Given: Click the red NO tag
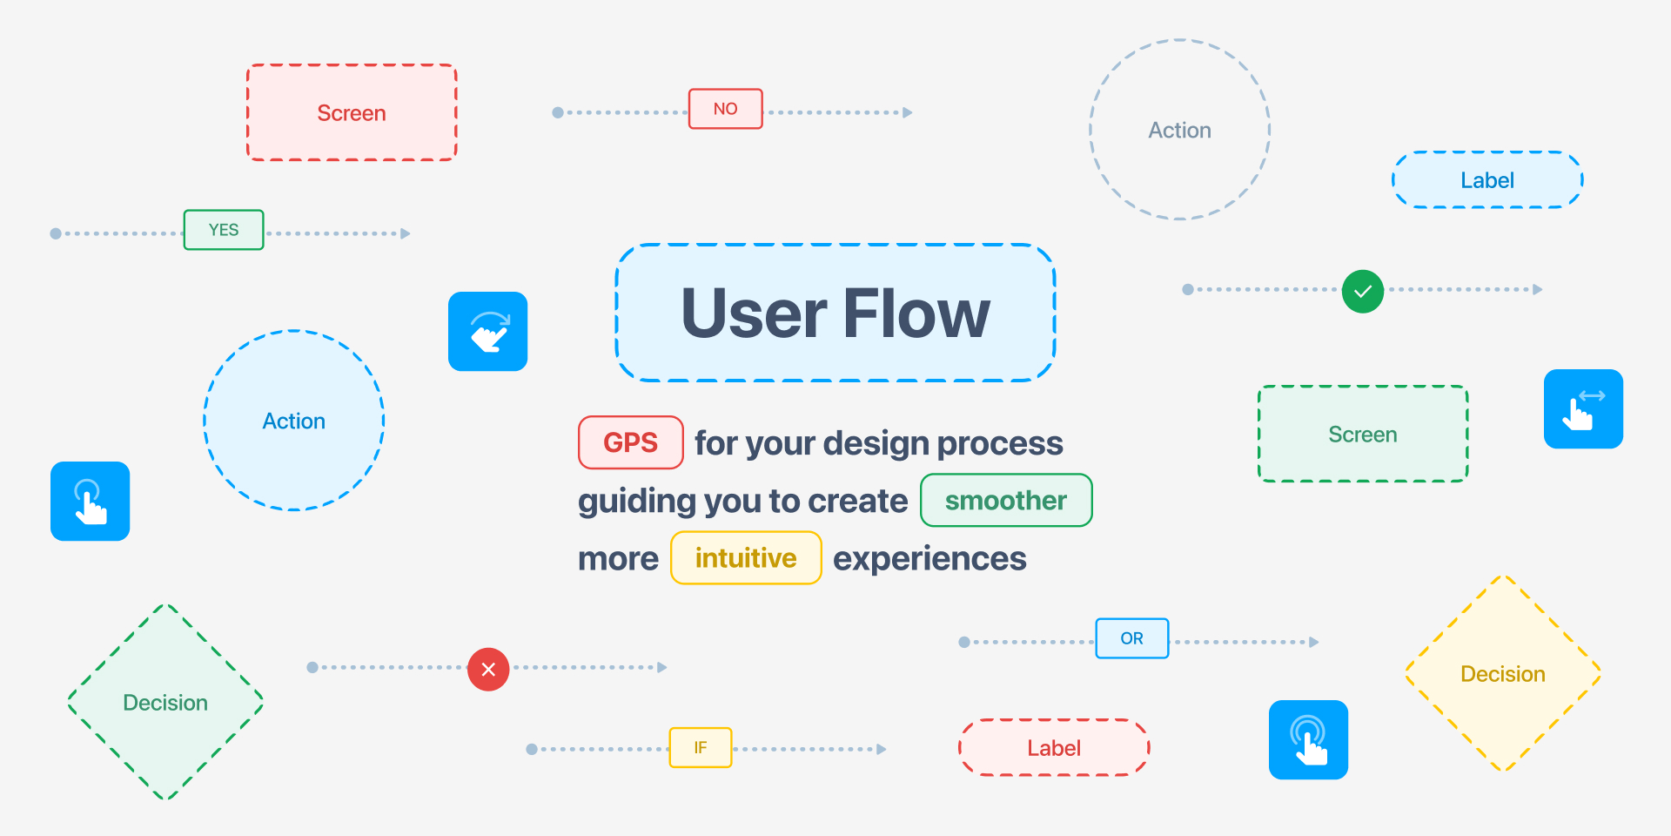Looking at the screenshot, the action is (x=726, y=109).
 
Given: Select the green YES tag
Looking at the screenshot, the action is (x=224, y=230).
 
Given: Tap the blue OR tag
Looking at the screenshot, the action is (x=1132, y=638).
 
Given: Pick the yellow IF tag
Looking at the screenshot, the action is (x=701, y=747).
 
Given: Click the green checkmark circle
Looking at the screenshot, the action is (x=1363, y=291).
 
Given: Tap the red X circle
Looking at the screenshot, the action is (x=488, y=669).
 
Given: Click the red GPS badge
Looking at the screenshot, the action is (x=631, y=442).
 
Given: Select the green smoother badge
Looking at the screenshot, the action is (x=1006, y=500).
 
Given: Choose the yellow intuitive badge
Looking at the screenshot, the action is (x=746, y=557).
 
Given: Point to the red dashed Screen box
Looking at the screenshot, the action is (x=352, y=112).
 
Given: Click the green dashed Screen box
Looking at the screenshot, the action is (x=1363, y=434).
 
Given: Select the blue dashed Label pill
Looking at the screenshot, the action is (x=1487, y=180).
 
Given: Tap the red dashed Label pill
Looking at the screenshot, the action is (x=1054, y=747).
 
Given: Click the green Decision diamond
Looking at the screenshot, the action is (x=165, y=702).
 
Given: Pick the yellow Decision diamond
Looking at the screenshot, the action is (x=1503, y=673).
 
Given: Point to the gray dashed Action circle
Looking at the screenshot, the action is (x=1180, y=130).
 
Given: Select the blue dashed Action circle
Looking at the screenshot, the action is (x=294, y=421).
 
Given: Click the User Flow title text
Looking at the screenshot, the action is (x=835, y=313).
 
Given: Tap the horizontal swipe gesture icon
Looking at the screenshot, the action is (x=1583, y=409).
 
